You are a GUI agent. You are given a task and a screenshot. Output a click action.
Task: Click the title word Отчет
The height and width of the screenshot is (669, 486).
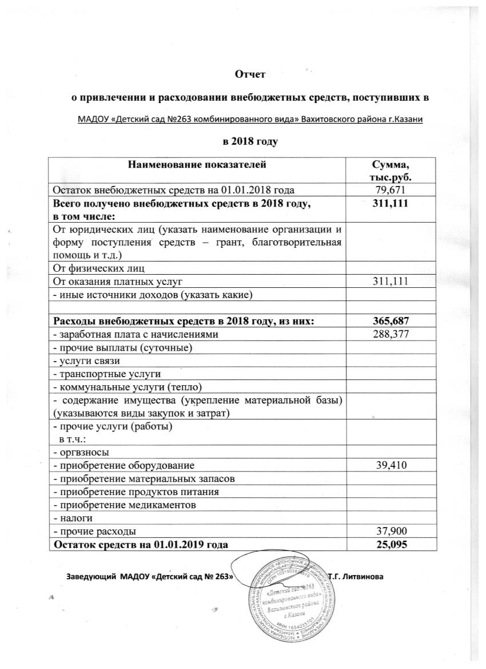pos(252,73)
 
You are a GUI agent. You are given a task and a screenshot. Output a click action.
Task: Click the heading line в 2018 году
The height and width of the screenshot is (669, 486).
pos(252,140)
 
